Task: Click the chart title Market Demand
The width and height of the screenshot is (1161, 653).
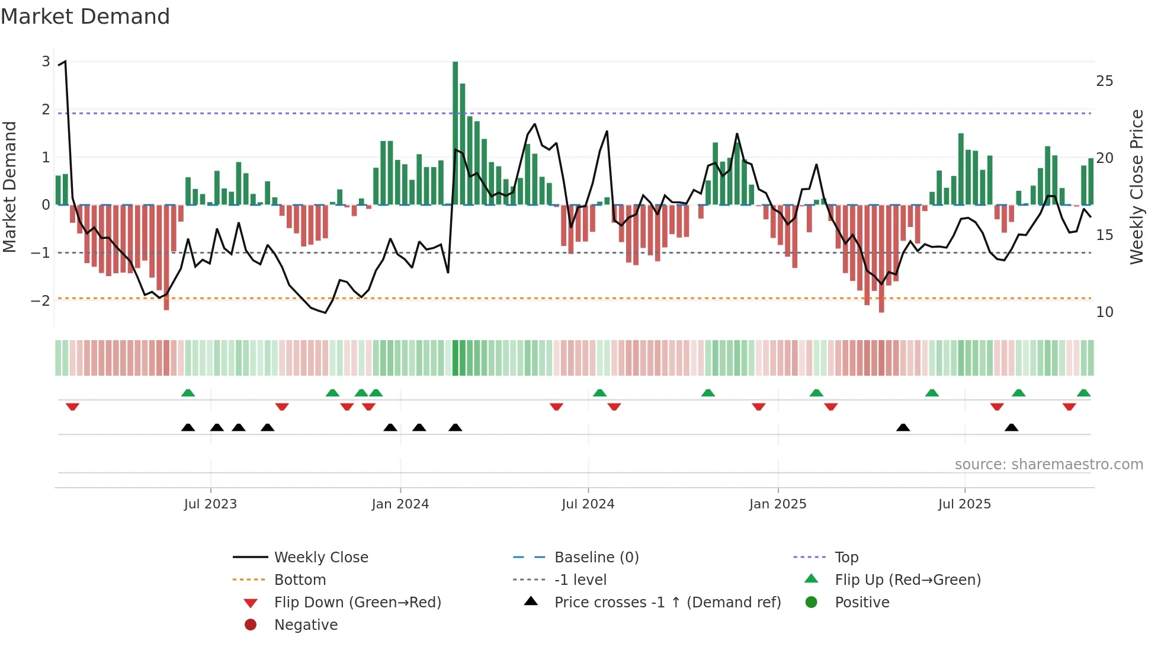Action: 85,17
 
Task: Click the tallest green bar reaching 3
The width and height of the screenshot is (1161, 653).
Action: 455,133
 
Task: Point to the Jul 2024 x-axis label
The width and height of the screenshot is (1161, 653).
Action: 588,504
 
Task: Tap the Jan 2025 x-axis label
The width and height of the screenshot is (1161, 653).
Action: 777,504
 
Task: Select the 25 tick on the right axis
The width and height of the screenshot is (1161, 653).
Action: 1104,81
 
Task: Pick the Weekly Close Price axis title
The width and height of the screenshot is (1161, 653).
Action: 1136,187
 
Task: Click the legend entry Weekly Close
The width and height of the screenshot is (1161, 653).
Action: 320,558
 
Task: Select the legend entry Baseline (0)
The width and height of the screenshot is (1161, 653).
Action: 596,558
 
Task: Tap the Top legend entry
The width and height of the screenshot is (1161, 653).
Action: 846,558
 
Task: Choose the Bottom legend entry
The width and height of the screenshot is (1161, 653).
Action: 300,580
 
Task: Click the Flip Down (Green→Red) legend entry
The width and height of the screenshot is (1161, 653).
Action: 357,603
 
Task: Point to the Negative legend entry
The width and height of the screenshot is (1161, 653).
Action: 306,625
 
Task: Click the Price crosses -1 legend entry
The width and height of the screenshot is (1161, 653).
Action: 667,603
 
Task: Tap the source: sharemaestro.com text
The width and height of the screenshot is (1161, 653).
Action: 1048,465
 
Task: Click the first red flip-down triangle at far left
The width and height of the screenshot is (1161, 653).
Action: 72,406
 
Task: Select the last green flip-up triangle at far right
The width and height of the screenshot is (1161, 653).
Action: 1083,393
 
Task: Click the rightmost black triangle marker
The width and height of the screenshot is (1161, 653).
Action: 1011,428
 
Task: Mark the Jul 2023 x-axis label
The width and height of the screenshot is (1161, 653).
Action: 210,504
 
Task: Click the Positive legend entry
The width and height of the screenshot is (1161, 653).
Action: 862,603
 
